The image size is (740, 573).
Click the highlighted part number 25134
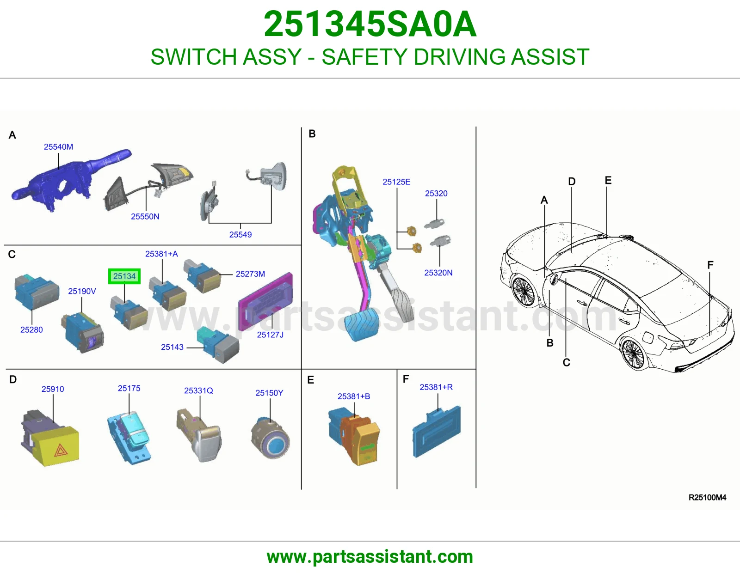pyautogui.click(x=124, y=276)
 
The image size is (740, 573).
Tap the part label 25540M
pyautogui.click(x=58, y=146)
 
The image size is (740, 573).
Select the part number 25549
pyautogui.click(x=240, y=234)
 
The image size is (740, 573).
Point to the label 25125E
pyautogui.click(x=396, y=182)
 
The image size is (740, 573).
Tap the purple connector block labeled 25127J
pyautogui.click(x=265, y=301)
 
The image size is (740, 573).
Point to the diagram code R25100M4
pyautogui.click(x=707, y=498)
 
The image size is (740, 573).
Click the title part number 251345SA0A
pyautogui.click(x=370, y=24)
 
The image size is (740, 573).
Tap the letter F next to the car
pyautogui.click(x=710, y=265)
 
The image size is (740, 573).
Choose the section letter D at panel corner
pyautogui.click(x=13, y=379)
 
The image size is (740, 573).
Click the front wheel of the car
pyautogui.click(x=524, y=292)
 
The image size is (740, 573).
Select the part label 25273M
pyautogui.click(x=250, y=274)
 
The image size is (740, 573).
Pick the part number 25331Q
pyautogui.click(x=198, y=390)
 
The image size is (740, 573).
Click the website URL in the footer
pyautogui.click(x=370, y=557)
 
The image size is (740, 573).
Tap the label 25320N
pyautogui.click(x=438, y=273)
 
